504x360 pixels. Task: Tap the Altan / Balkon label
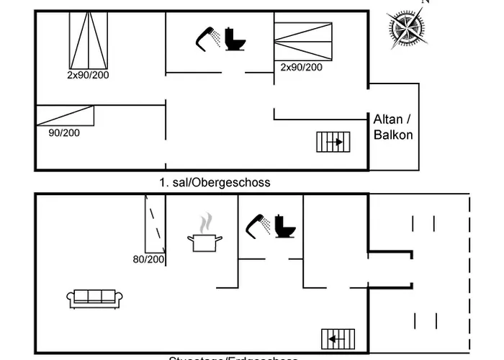click(x=393, y=127)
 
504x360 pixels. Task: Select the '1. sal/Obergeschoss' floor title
click(x=215, y=183)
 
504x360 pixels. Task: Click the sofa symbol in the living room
click(x=94, y=297)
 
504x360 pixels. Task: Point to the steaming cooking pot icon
click(x=205, y=234)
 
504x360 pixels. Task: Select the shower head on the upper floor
click(x=208, y=37)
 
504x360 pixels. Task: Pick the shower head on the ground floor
click(x=258, y=225)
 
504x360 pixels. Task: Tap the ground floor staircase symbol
click(x=338, y=337)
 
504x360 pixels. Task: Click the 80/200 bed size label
click(x=148, y=259)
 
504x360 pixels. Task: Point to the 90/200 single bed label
click(x=64, y=132)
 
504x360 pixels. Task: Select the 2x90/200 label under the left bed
click(x=88, y=75)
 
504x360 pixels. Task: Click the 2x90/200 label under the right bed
click(x=301, y=67)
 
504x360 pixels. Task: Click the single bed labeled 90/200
click(x=65, y=116)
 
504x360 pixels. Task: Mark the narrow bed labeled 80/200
click(x=156, y=224)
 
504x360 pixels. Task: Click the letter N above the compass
click(x=425, y=2)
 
